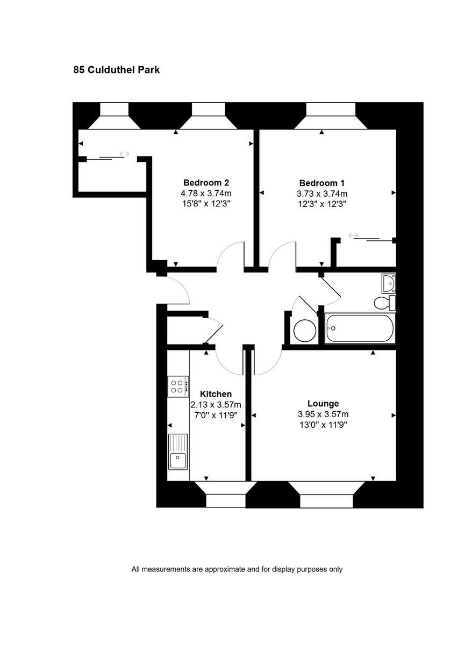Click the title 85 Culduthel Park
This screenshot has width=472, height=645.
pyautogui.click(x=117, y=70)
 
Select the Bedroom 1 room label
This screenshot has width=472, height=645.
pyautogui.click(x=321, y=182)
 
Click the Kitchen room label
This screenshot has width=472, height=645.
pyautogui.click(x=216, y=394)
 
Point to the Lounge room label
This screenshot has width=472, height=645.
pyautogui.click(x=323, y=404)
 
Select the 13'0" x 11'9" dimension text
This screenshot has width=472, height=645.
pyautogui.click(x=323, y=425)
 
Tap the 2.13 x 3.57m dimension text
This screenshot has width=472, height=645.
pyautogui.click(x=216, y=405)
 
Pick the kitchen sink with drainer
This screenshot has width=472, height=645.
pyautogui.click(x=178, y=451)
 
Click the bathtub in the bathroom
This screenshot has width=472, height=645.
pyautogui.click(x=360, y=328)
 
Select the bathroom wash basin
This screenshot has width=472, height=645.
pyautogui.click(x=389, y=282)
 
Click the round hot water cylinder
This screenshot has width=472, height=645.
pyautogui.click(x=305, y=331)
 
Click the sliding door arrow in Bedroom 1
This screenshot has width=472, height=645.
pyautogui.click(x=354, y=235)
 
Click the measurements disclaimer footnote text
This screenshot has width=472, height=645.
pyautogui.click(x=237, y=569)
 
